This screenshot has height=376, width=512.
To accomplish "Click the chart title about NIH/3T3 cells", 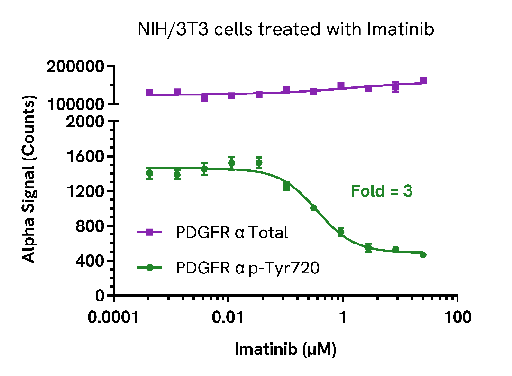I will pyautogui.click(x=286, y=30).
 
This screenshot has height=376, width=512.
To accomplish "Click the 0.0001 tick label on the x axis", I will pyautogui.click(x=114, y=317).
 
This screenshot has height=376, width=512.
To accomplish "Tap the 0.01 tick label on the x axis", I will pyautogui.click(x=229, y=317).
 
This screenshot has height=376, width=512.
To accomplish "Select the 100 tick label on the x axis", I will pyautogui.click(x=457, y=317).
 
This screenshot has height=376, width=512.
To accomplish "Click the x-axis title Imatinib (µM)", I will pyautogui.click(x=285, y=349).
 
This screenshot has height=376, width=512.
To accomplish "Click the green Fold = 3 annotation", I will pyautogui.click(x=382, y=191).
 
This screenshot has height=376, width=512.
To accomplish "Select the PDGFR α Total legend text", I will pyautogui.click(x=232, y=233).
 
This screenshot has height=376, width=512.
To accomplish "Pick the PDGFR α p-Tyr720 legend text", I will pyautogui.click(x=247, y=268).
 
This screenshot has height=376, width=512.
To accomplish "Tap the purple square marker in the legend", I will pyautogui.click(x=149, y=233).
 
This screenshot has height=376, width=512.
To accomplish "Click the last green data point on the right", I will pyautogui.click(x=423, y=255).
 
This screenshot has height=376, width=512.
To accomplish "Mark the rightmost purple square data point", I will pyautogui.click(x=423, y=81).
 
